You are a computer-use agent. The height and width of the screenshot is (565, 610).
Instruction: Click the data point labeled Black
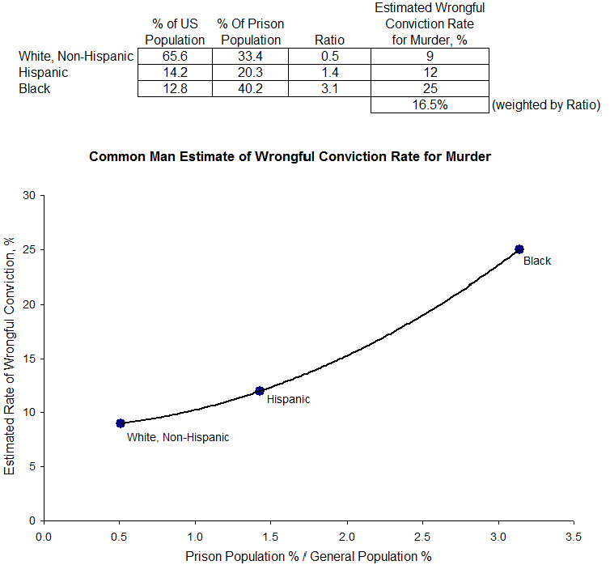519,249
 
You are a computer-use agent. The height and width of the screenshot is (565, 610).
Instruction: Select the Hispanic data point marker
260,391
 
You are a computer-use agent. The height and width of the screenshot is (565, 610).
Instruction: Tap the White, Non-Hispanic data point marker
121,423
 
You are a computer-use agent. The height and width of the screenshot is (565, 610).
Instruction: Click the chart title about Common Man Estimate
290,157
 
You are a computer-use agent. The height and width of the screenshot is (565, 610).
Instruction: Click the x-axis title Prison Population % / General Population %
308,556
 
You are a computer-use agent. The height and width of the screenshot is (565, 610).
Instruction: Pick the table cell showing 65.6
175,56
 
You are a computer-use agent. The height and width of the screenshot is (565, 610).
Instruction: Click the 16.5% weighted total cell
430,105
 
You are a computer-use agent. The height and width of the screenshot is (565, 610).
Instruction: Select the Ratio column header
330,40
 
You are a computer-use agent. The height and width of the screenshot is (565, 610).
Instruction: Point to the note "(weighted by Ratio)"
546,105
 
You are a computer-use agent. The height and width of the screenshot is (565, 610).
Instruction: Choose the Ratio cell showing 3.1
330,89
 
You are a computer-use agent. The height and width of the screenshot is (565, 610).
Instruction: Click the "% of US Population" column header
175,32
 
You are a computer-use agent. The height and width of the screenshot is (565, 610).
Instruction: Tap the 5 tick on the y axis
32,467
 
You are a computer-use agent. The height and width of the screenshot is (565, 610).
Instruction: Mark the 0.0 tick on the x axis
44,536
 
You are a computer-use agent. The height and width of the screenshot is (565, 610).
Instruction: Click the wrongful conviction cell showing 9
430,56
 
